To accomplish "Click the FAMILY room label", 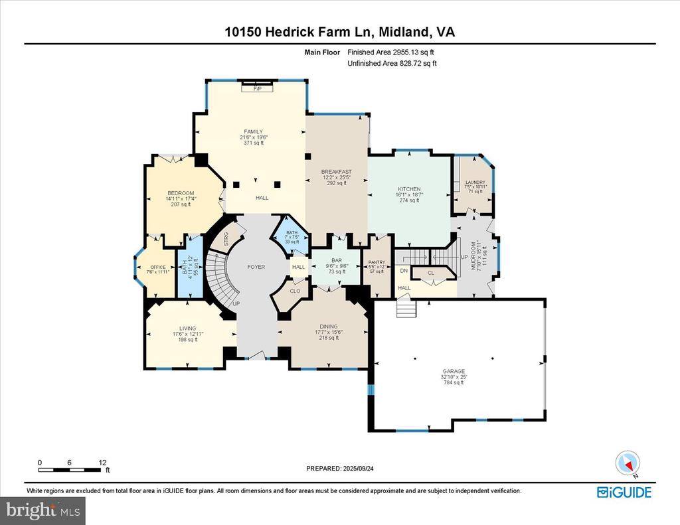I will point(254,131).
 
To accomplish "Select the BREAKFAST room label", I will point(336,172).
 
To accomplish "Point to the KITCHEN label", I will point(409,189).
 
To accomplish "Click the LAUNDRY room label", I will point(475,183).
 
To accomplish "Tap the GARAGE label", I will point(455,372).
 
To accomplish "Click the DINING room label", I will point(328,327).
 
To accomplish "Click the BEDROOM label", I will point(180,193).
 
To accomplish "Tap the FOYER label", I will point(256,267).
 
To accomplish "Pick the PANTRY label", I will point(377,263).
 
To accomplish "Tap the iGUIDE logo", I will point(624,492).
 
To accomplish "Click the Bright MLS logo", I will point(43,510).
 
